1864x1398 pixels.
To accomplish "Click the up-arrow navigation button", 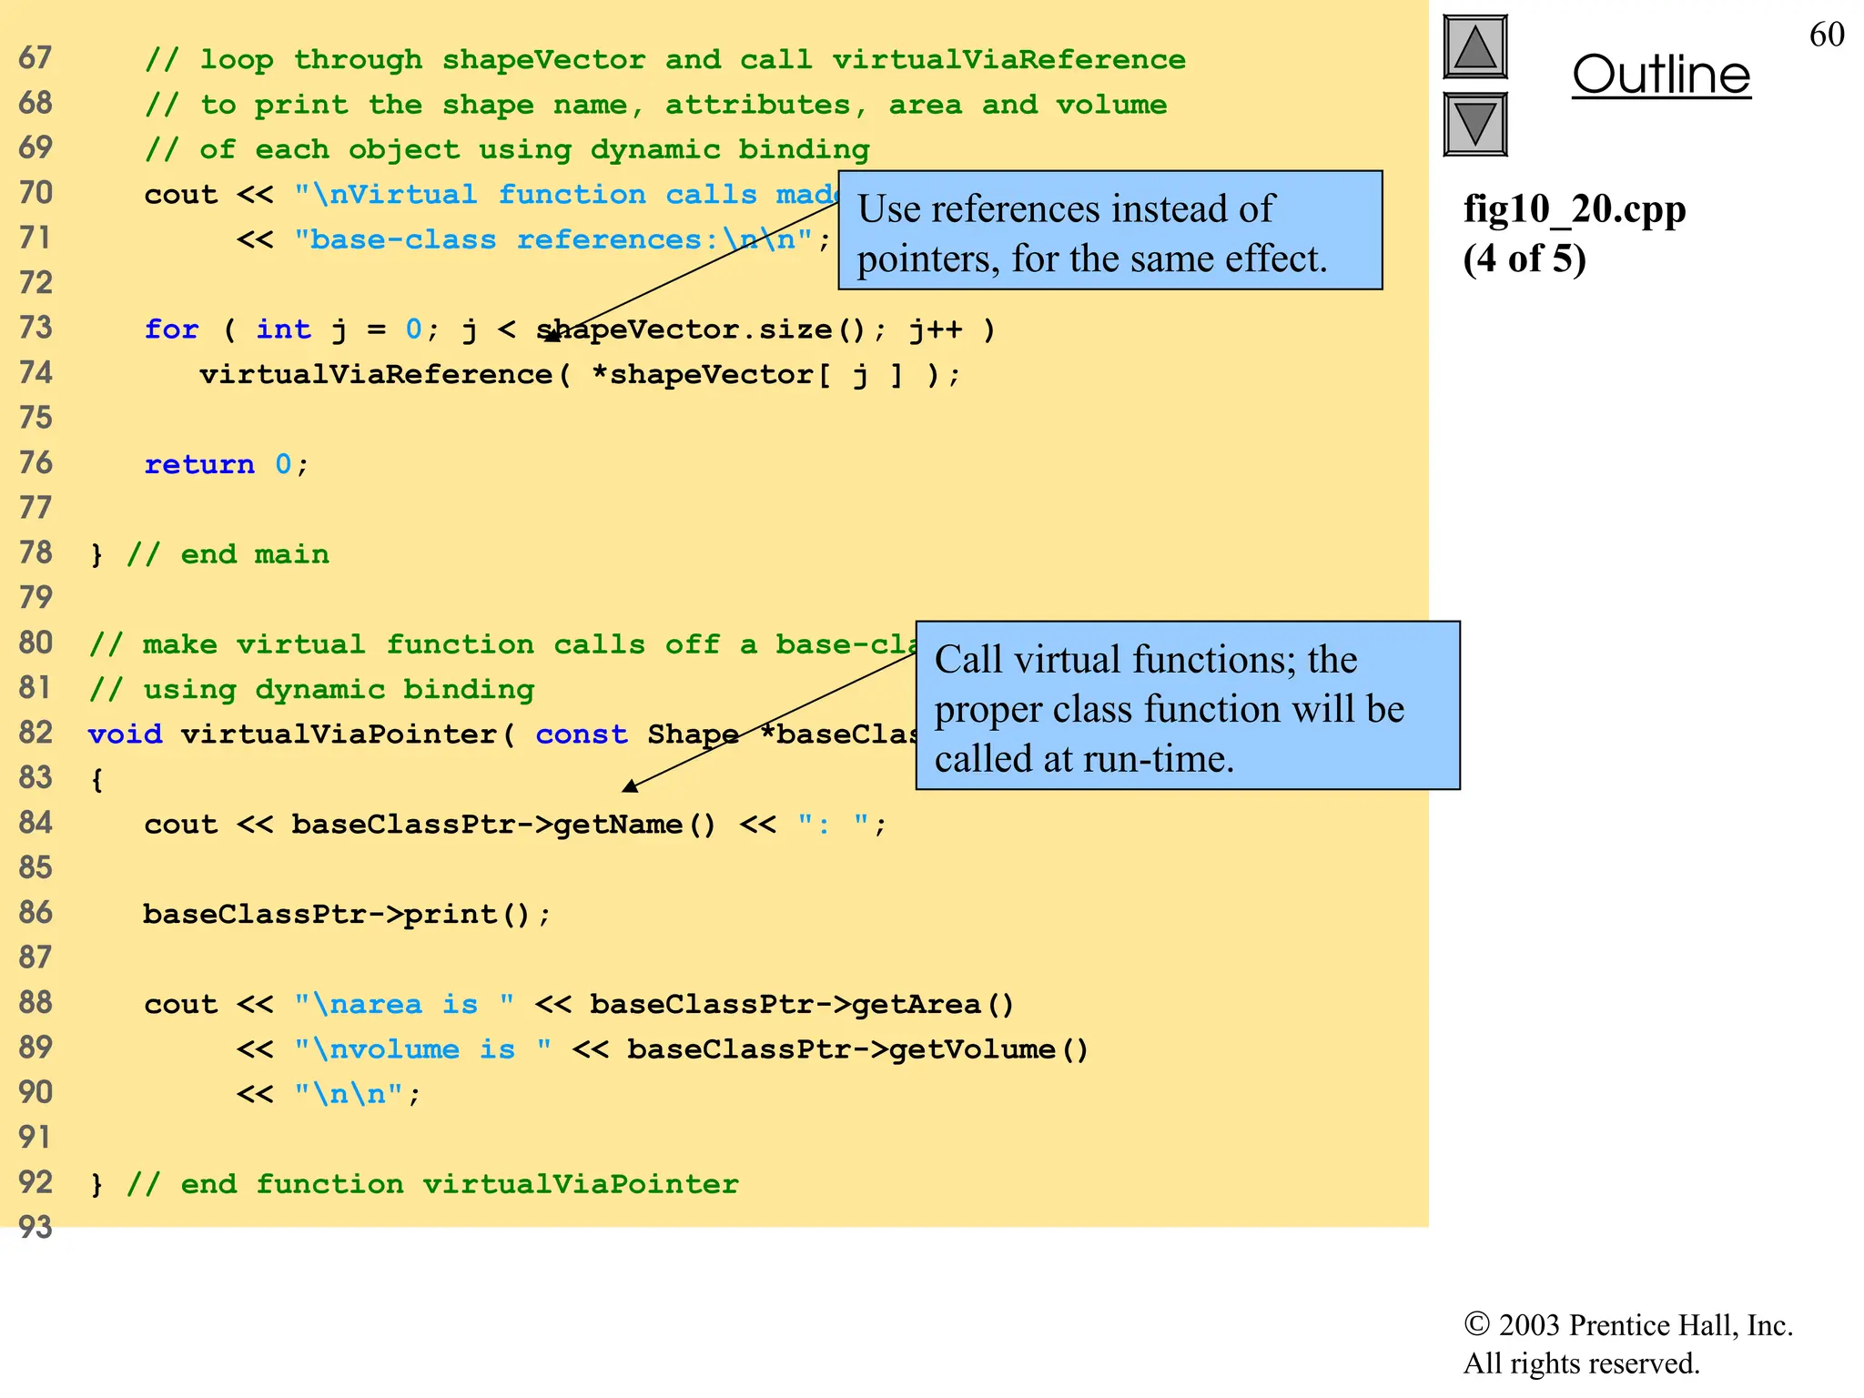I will (1474, 47).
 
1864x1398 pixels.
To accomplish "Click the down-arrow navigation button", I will (1474, 124).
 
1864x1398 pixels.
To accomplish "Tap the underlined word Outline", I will (1661, 75).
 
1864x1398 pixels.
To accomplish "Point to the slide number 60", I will (1826, 35).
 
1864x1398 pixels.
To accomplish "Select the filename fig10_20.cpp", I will (1574, 209).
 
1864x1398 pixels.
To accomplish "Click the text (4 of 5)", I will (1524, 258).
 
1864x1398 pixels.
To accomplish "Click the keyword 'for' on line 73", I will (171, 329).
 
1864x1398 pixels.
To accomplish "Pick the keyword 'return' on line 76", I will (199, 464).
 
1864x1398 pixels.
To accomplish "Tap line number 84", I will (35, 823).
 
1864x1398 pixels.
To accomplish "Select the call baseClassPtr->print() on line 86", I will (346, 914).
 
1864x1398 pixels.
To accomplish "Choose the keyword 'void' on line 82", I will (125, 734).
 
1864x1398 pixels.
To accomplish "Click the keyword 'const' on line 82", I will (581, 734).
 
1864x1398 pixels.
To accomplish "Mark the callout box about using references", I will (1109, 231).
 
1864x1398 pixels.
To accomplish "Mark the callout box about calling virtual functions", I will (1187, 706).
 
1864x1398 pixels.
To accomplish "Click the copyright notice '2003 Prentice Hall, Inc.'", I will (1627, 1325).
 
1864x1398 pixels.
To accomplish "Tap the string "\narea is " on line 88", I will (403, 1004).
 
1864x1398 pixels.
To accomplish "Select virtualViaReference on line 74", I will (376, 374).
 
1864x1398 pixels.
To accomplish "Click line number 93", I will (35, 1227).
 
